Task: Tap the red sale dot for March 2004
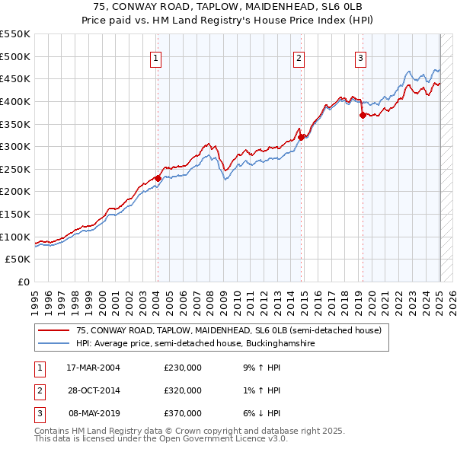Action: [x=158, y=178]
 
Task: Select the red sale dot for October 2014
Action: [x=302, y=137]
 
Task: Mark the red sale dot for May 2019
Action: [x=363, y=115]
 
